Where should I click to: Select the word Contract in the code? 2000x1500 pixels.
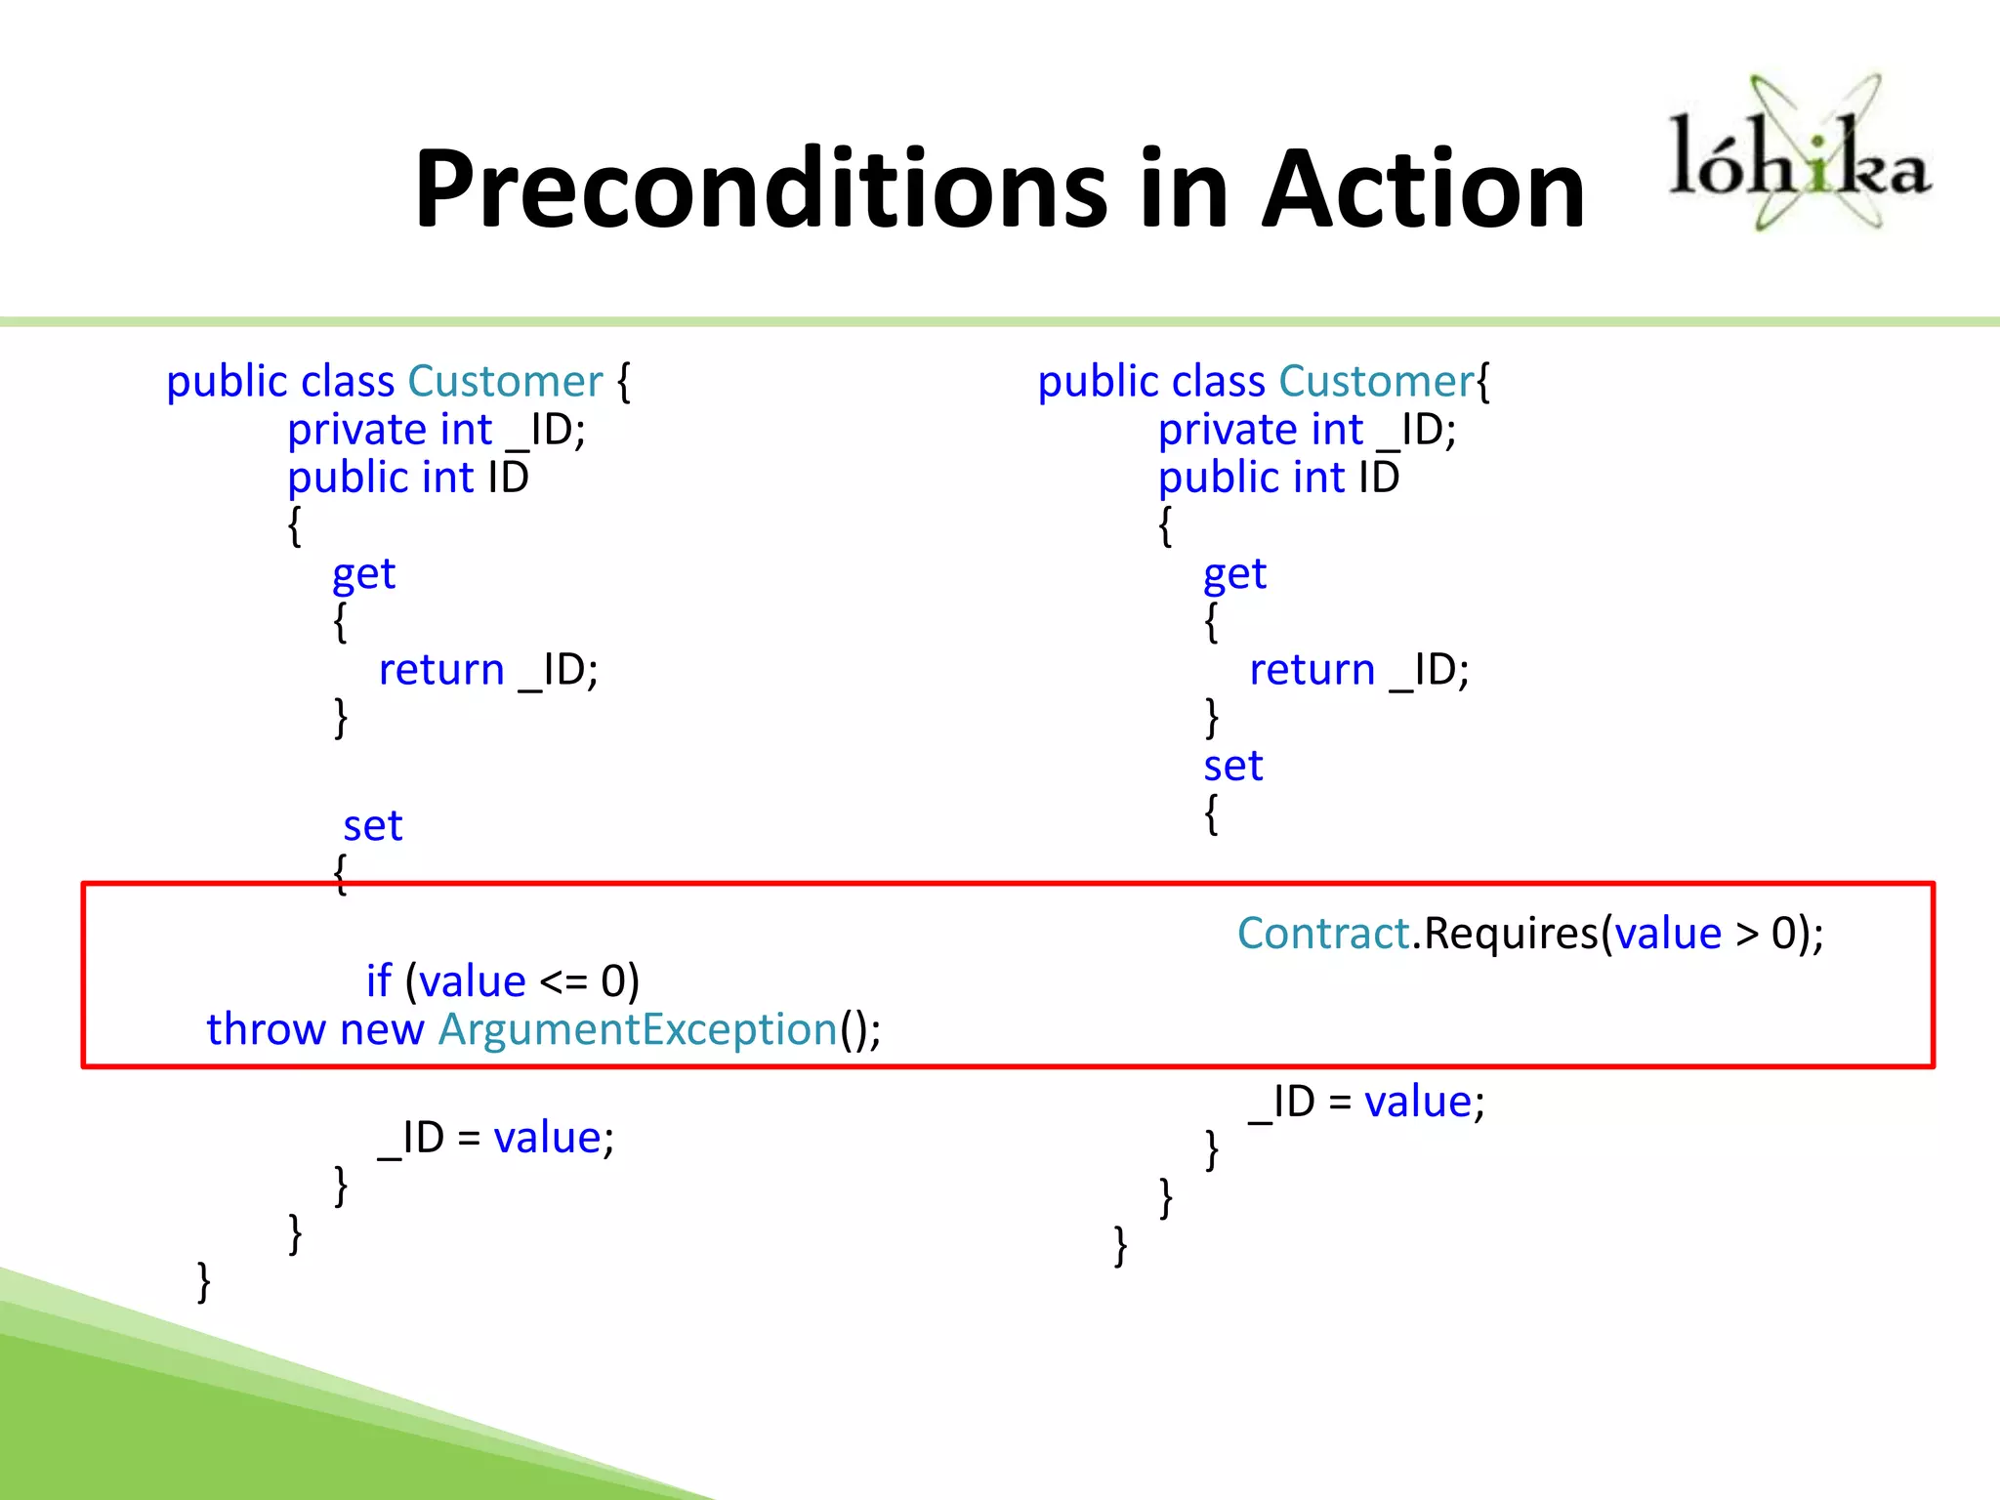(1323, 934)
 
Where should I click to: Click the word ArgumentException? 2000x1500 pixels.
(638, 1029)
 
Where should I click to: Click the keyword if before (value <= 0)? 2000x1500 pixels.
(378, 981)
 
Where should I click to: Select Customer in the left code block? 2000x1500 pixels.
(505, 382)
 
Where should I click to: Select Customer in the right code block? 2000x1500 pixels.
(1376, 382)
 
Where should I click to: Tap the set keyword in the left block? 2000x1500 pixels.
(372, 826)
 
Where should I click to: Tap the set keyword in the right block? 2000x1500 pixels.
(1232, 767)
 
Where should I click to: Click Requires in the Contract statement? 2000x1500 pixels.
(1511, 934)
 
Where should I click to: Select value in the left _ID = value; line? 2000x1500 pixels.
(547, 1139)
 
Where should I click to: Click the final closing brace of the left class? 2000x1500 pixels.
(203, 1281)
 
